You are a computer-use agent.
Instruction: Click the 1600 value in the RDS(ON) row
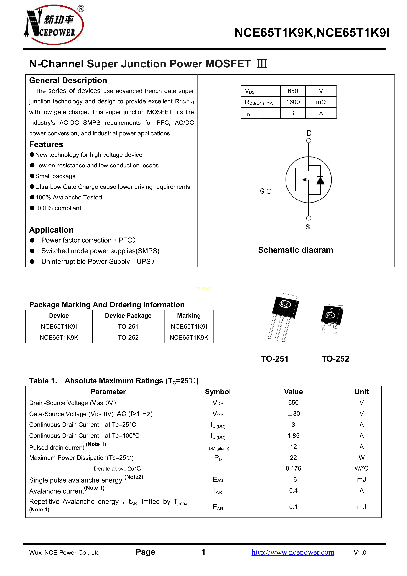click(x=293, y=102)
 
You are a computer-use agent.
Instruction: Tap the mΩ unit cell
click(x=321, y=102)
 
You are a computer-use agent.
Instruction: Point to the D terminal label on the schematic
click(x=309, y=133)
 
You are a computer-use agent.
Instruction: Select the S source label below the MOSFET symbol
click(x=308, y=227)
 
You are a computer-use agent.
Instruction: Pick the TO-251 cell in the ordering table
click(x=128, y=326)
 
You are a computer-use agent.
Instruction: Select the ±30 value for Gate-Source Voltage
click(x=293, y=414)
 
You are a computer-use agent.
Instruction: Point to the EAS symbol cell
click(x=218, y=480)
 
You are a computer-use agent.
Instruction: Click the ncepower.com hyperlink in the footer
click(x=293, y=552)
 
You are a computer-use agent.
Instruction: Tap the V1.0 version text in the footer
click(x=360, y=552)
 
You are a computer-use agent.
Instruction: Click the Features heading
click(x=46, y=144)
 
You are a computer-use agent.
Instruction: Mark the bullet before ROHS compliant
click(x=32, y=208)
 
